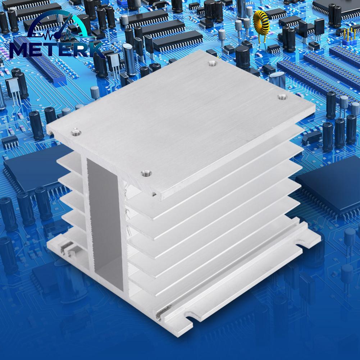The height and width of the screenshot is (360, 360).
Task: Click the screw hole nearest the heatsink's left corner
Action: (75, 132)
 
